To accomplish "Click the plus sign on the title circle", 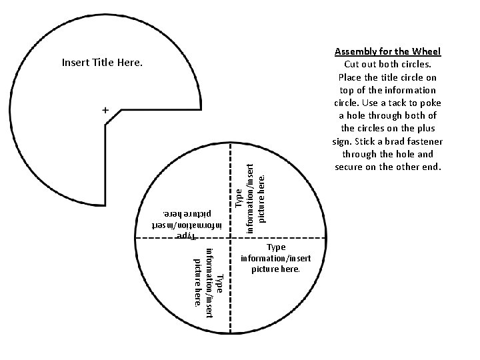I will pos(105,109).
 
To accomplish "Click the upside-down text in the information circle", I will pos(184,224).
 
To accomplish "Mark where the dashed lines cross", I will pos(231,238).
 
